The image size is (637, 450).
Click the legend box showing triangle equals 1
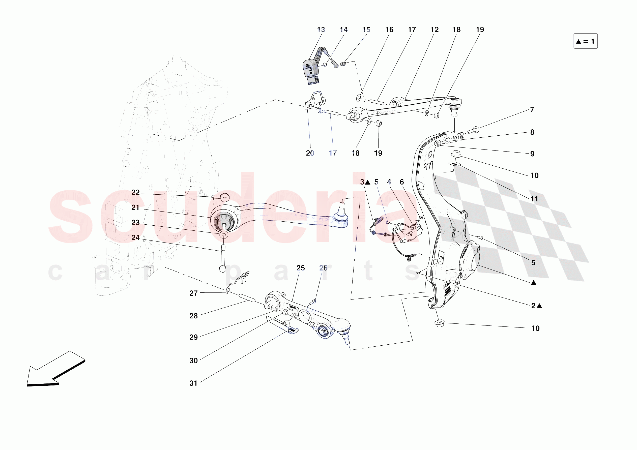click(x=585, y=41)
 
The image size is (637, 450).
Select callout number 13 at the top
click(x=321, y=30)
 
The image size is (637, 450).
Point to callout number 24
click(x=135, y=237)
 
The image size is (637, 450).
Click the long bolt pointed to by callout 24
click(x=222, y=258)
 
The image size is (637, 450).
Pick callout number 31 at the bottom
click(x=193, y=383)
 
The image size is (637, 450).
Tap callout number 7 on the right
click(x=532, y=110)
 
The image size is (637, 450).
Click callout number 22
click(x=135, y=193)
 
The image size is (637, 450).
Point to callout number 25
click(x=300, y=268)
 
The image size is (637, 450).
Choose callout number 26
click(x=323, y=268)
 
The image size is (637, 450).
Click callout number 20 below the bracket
click(x=310, y=153)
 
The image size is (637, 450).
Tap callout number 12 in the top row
click(x=435, y=30)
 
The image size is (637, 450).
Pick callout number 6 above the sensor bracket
click(x=402, y=182)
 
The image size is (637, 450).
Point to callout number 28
click(x=193, y=316)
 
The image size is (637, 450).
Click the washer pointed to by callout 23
click(x=224, y=235)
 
